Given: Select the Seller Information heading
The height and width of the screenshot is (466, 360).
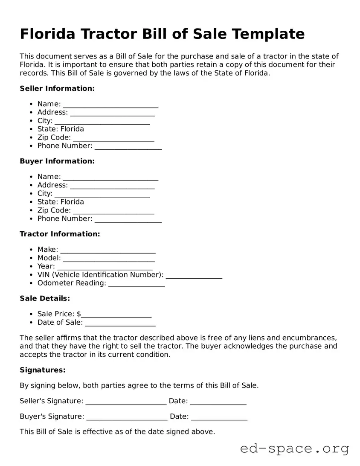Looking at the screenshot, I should coord(57,88).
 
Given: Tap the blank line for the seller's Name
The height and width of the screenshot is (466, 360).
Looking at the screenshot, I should coord(110,104).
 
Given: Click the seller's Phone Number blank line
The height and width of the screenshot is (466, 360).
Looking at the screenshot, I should coord(128,146).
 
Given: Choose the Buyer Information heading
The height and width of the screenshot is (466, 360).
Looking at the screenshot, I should coord(57,161).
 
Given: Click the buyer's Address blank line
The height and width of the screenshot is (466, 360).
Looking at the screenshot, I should coord(112,185).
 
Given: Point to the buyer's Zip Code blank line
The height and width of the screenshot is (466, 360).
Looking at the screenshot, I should coord(113,210).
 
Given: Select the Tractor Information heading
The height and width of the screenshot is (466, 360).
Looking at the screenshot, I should coord(60,234).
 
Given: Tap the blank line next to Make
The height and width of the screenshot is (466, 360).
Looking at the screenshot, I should coord(108,250).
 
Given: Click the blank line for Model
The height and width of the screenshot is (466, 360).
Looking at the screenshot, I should coord(109,258).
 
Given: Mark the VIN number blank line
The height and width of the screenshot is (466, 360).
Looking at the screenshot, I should coord(194,275).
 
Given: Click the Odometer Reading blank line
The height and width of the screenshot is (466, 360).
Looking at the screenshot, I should coord(136,283).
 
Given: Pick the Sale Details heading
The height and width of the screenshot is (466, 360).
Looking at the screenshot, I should coord(45,298).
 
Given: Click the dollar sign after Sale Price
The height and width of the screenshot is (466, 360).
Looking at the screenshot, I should coord(79,314).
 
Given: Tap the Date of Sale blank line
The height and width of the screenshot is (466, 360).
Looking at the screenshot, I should coord(120,323).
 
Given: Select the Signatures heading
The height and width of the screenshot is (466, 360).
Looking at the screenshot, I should coord(43,370).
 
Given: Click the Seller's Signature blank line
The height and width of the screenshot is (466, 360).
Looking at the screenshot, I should coord(126,401).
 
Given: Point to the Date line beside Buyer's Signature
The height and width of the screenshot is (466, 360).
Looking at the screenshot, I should coord(219,416).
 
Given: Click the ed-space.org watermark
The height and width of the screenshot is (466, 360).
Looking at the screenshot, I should coord(294,449).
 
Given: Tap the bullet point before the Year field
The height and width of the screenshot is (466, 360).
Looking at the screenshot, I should coord(32,267).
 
